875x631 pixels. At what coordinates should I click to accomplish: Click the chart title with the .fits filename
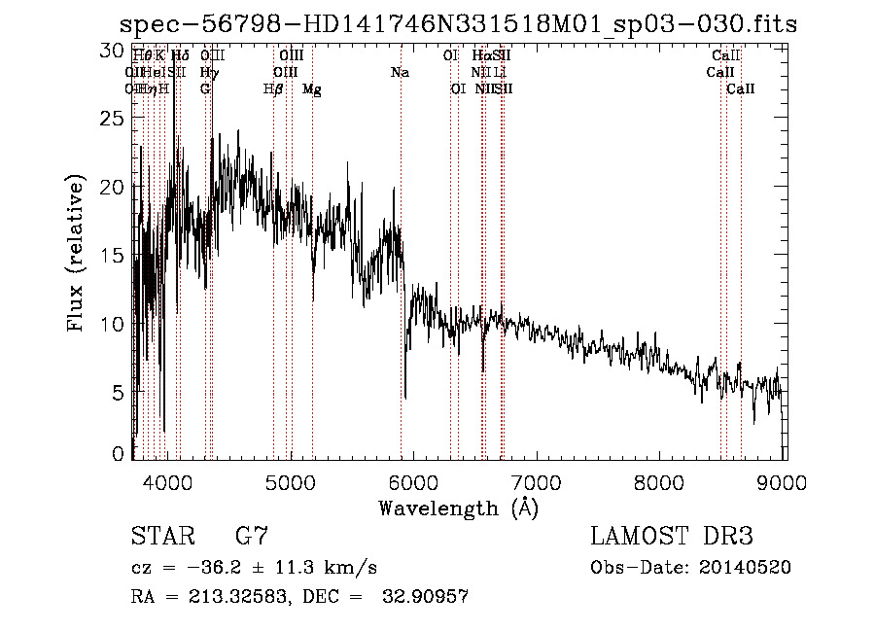click(458, 24)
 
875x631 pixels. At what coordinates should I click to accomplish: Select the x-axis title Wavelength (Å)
click(458, 508)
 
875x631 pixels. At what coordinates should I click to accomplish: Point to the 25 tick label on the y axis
click(115, 119)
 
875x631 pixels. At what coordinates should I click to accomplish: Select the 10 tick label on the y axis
click(115, 324)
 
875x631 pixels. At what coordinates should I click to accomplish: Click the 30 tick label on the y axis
click(115, 50)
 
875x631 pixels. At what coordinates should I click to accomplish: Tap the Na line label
click(400, 73)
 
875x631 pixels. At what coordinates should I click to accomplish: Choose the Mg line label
click(311, 89)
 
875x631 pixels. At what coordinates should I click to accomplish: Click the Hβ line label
click(273, 89)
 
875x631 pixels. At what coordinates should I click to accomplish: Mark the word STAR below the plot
click(162, 537)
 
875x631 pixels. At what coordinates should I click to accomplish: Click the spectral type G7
click(252, 537)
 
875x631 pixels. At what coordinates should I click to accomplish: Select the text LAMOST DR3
click(672, 537)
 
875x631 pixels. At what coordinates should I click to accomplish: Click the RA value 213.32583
click(227, 597)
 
